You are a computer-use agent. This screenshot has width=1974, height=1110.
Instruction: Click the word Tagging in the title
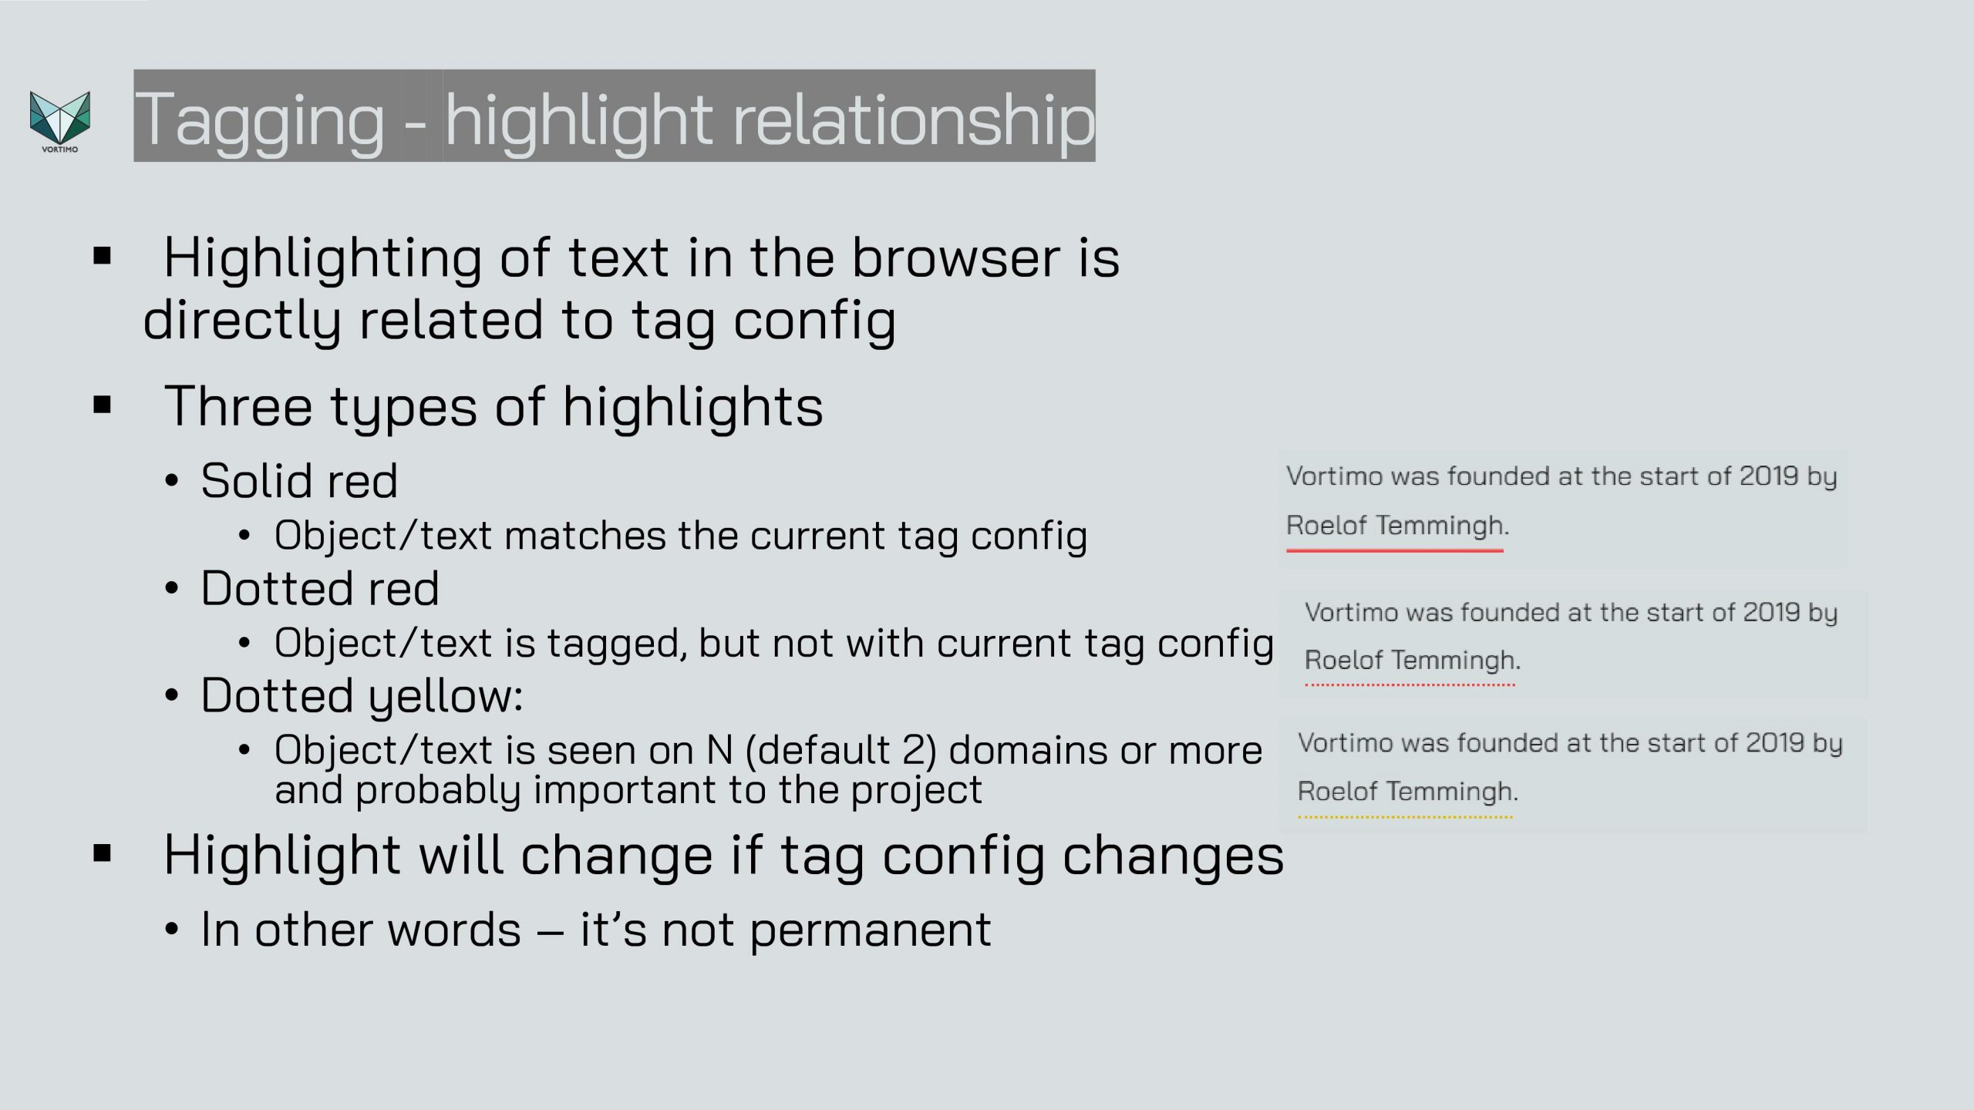[x=260, y=119]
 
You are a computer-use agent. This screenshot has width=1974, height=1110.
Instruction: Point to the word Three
[x=238, y=406]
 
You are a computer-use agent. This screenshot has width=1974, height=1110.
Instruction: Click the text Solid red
[x=299, y=481]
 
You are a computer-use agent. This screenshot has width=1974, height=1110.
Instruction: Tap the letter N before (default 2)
[x=719, y=751]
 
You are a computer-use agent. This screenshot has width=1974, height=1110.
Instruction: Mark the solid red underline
[x=1395, y=550]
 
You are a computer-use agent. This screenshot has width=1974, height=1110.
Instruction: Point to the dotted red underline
[x=1410, y=684]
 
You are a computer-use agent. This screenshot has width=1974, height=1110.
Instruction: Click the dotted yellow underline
[x=1405, y=817]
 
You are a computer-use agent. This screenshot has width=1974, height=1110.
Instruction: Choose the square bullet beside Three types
[x=102, y=405]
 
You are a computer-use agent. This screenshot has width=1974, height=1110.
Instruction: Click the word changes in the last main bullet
[x=1174, y=856]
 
